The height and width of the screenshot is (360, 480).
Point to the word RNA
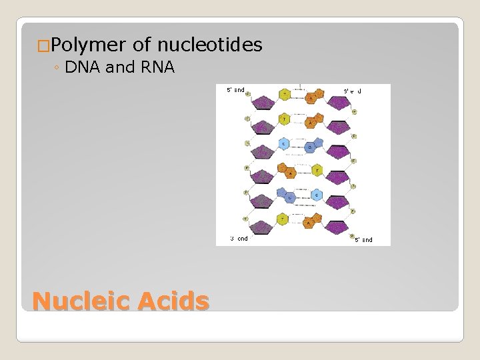(157, 67)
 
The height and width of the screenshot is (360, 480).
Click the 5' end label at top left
(235, 89)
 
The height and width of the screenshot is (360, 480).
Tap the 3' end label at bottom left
(239, 238)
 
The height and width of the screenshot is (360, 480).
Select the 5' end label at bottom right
(363, 239)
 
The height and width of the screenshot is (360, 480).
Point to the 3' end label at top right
(352, 90)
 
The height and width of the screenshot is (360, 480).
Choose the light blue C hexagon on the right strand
(317, 195)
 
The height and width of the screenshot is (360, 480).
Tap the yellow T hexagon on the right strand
(317, 171)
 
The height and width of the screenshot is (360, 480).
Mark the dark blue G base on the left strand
(289, 197)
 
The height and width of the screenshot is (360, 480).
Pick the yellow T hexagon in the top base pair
(285, 95)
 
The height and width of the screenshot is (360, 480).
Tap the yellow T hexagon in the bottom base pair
(284, 219)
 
